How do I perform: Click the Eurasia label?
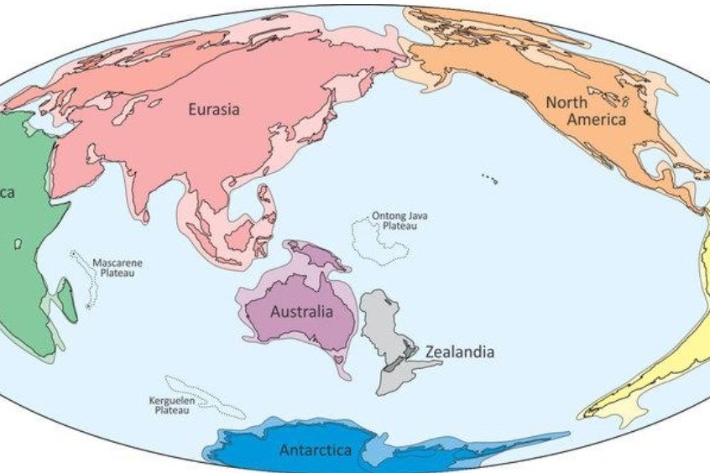(213, 109)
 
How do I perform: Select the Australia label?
(301, 312)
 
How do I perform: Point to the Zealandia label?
(460, 351)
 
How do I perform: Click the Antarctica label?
(316, 450)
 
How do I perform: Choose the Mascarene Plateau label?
(117, 268)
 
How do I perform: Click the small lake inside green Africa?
(18, 243)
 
